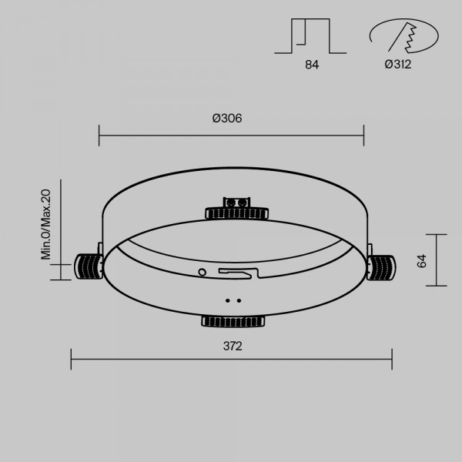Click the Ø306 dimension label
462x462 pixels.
pos(227,118)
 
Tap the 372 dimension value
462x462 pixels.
pos(233,346)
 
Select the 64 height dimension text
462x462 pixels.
pos(422,261)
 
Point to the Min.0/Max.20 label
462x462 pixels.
pos(45,225)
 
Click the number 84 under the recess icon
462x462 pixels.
pos(312,65)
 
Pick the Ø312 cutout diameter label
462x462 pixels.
pos(398,64)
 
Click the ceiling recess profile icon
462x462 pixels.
pos(310,36)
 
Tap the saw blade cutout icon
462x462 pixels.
pos(404,35)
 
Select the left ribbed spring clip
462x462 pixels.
pos(89,266)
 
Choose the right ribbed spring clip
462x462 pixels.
pos(381,267)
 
